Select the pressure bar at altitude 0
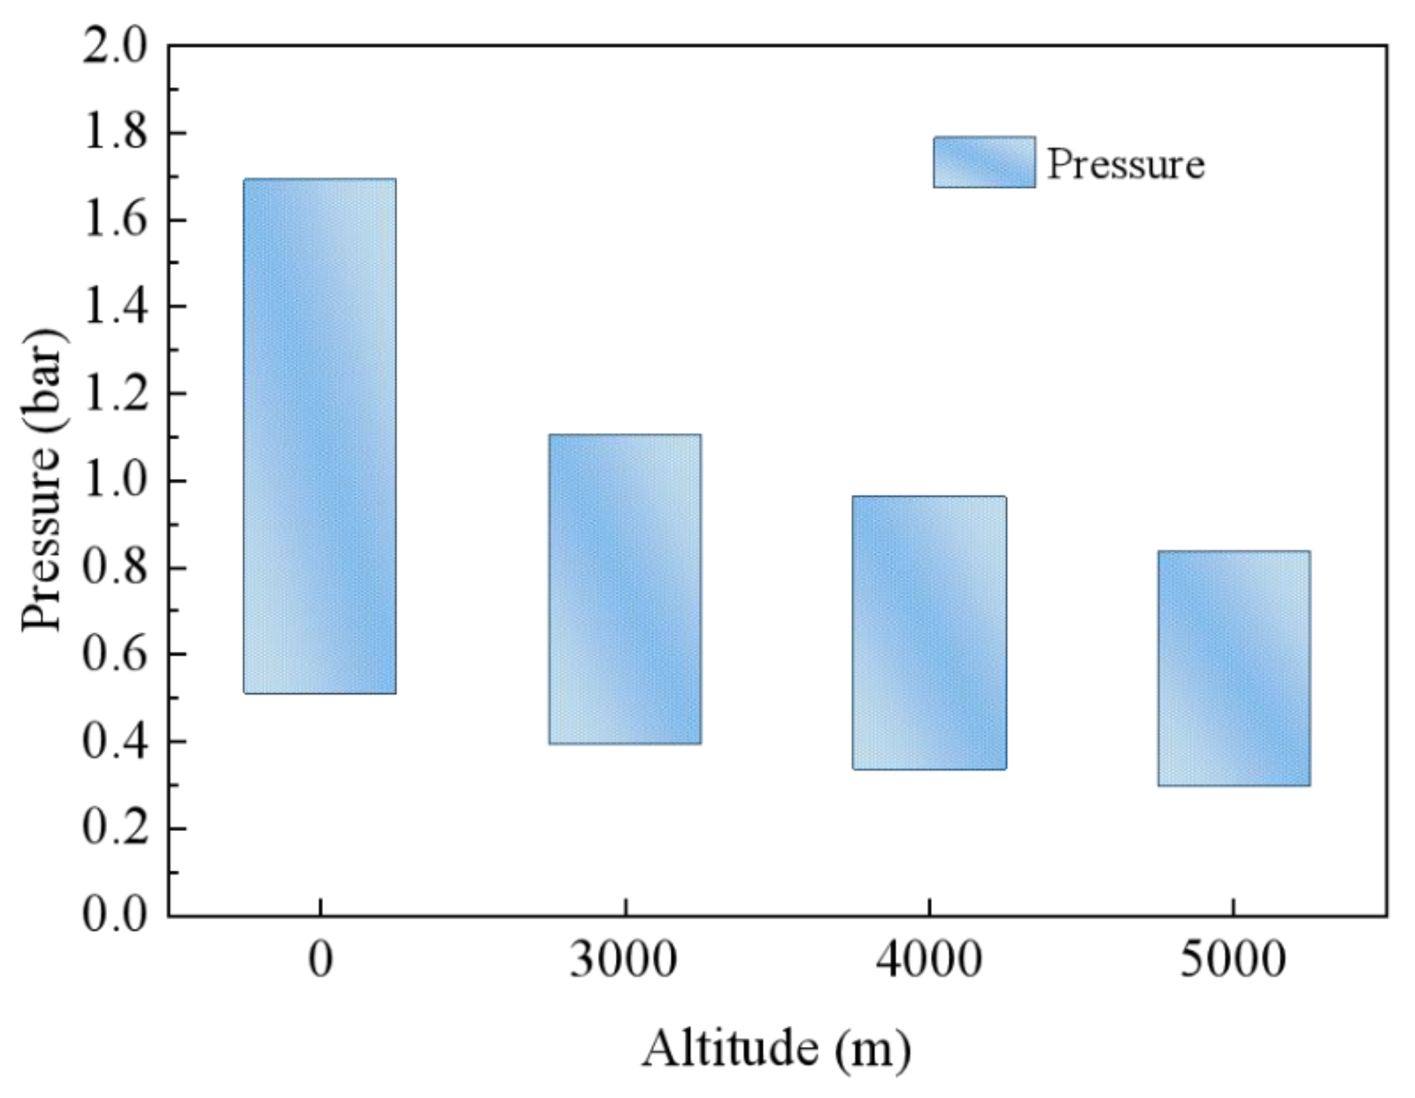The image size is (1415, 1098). coord(320,436)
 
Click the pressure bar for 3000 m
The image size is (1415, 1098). coord(625,589)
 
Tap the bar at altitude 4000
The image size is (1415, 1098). coord(929,633)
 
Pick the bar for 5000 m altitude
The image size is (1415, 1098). coord(1233,668)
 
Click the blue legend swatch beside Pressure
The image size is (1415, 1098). coord(984,162)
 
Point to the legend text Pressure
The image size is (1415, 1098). coord(1125,164)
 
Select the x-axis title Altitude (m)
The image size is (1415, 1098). coord(776,1048)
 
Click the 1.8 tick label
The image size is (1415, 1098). coord(114,134)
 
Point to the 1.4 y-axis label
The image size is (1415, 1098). coord(114,307)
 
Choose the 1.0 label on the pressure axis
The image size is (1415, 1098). coord(114,481)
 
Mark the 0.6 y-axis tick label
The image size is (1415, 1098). coord(114,655)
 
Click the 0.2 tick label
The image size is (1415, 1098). coord(114,829)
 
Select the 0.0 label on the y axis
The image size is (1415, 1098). coord(114,915)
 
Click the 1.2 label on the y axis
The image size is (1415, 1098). coord(114,394)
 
